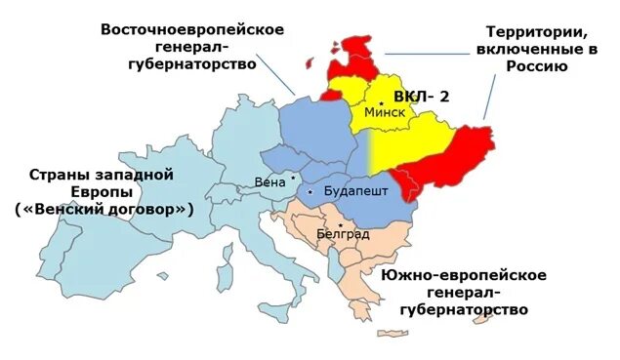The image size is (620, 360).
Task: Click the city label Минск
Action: click(x=384, y=112)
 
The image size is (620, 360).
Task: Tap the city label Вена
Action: click(x=269, y=181)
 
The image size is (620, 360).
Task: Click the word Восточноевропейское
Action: click(x=192, y=28)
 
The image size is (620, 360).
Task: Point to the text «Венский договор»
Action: click(x=104, y=210)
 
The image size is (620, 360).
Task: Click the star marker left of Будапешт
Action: click(x=310, y=192)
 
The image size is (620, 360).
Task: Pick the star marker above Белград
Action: click(x=340, y=224)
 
